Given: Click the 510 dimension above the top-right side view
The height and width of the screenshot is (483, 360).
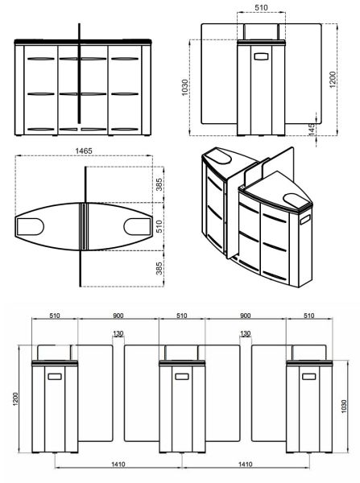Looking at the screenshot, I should coord(260,7).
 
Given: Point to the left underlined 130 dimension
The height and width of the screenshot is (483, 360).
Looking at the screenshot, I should coord(118,333).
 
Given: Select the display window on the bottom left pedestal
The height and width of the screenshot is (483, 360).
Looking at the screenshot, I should coord(54,376).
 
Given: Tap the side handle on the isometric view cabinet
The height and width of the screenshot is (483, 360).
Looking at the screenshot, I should coord(305,219).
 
